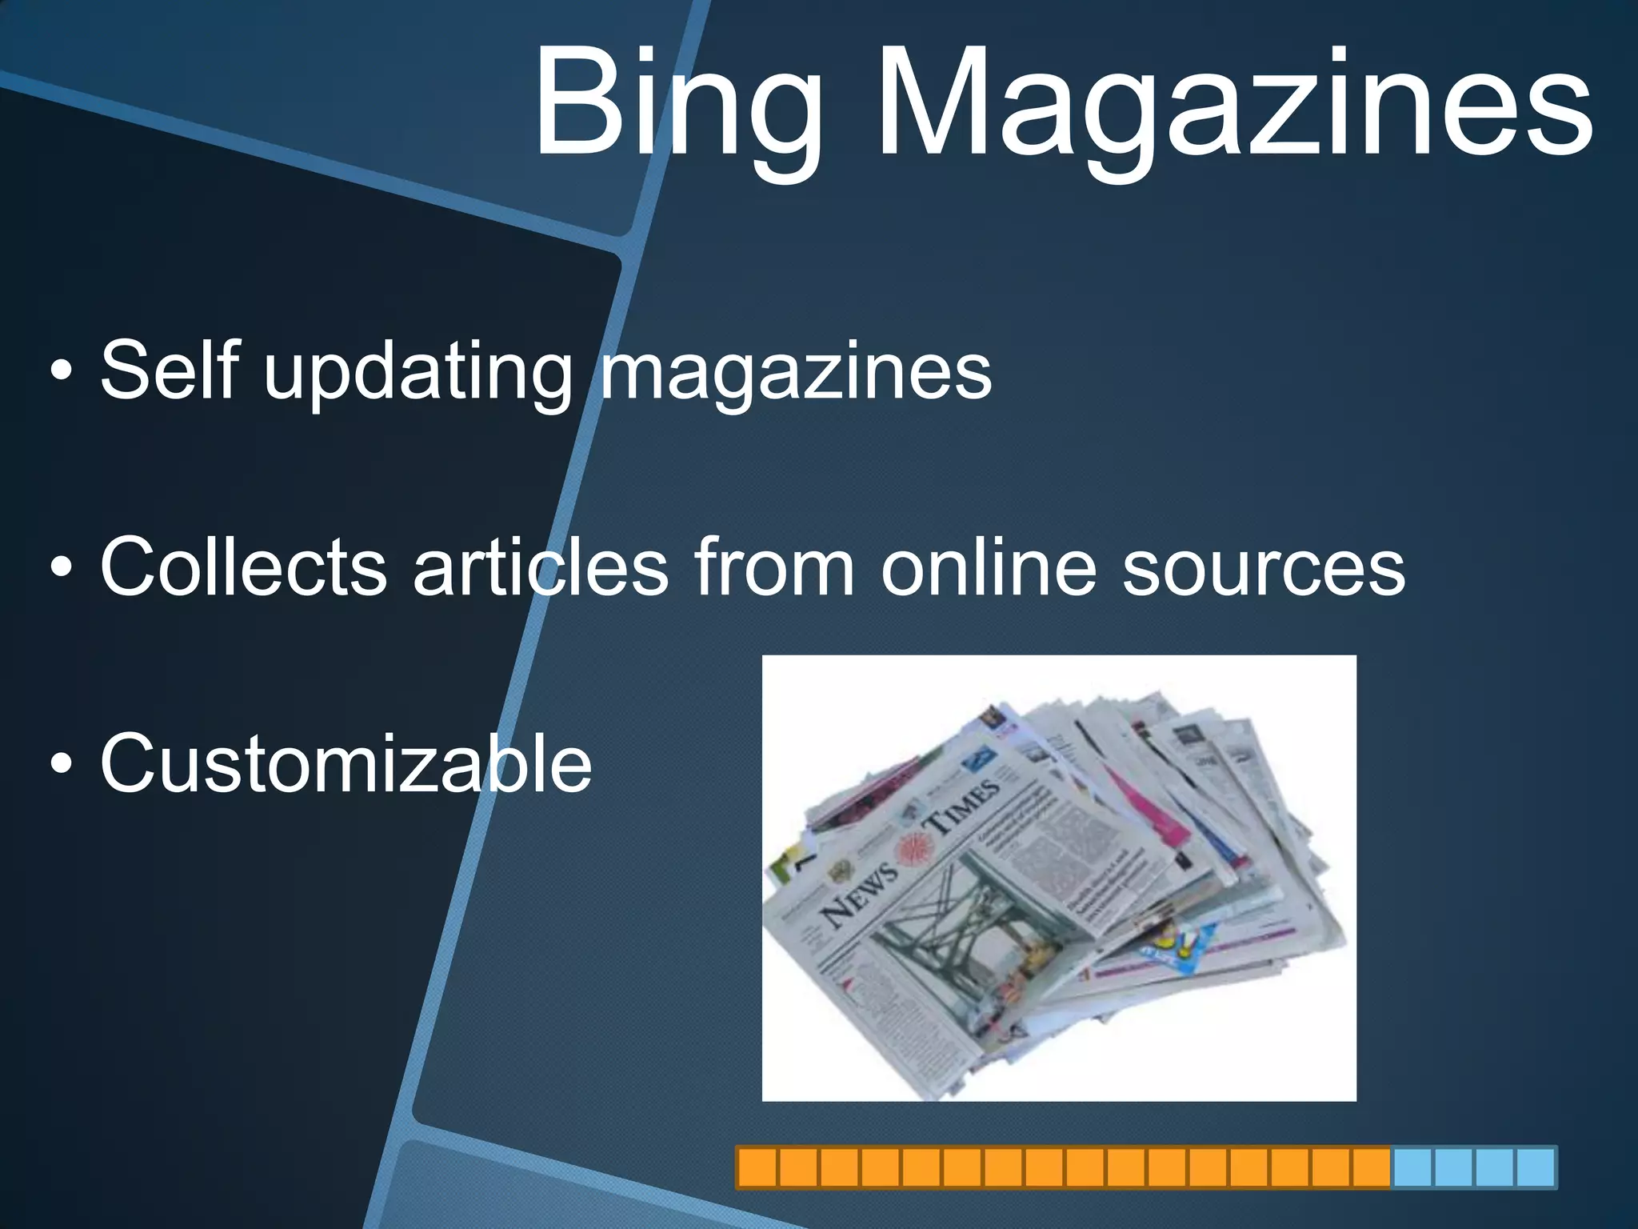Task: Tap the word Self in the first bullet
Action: [x=170, y=370]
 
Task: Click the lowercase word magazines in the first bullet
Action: [x=796, y=374]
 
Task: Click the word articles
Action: [x=540, y=566]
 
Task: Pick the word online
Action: [x=989, y=566]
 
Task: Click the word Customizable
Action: [x=346, y=763]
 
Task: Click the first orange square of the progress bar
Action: [x=757, y=1167]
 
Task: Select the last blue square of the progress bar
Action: [x=1535, y=1167]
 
